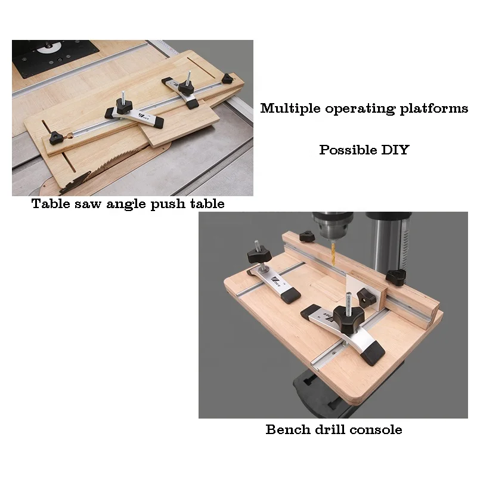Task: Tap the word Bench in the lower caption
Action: (287, 429)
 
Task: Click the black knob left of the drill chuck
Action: (306, 237)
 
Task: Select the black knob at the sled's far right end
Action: (227, 79)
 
